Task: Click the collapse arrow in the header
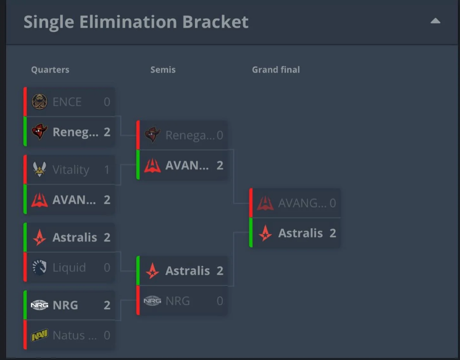[435, 22]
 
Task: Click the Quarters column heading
[50, 70]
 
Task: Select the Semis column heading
[163, 70]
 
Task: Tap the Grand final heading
[276, 70]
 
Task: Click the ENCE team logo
[40, 102]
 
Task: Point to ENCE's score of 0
[107, 102]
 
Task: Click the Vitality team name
[71, 170]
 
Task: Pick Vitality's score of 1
[107, 170]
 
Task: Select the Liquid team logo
[40, 267]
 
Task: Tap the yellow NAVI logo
[40, 335]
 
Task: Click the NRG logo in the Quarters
[40, 305]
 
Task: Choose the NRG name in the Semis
[177, 301]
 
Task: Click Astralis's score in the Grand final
[333, 233]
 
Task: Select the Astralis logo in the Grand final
[265, 233]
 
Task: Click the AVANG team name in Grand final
[302, 204]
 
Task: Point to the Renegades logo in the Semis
[152, 135]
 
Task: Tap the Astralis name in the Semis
[187, 271]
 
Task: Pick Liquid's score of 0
[107, 267]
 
